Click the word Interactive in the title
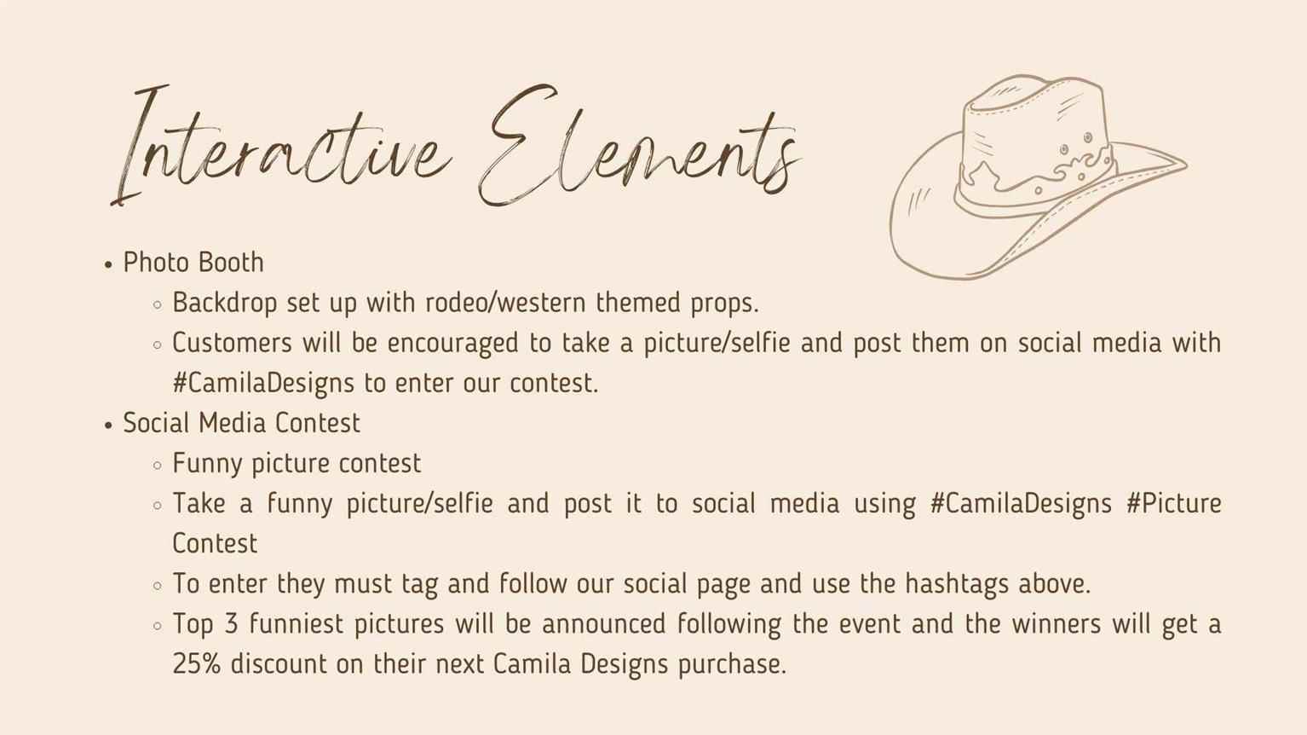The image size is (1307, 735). [280, 146]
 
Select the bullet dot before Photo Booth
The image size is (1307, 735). [108, 265]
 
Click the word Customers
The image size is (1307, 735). [232, 343]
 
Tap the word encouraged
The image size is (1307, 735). [452, 344]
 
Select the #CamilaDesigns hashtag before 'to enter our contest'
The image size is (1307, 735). [263, 384]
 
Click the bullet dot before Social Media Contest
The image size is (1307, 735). [108, 425]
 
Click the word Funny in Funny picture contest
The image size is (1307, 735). [207, 464]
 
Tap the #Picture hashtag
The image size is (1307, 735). [1174, 503]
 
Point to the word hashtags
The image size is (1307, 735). [957, 584]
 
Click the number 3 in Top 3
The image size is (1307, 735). [231, 624]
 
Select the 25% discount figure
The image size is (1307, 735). [197, 664]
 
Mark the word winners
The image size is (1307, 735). [1057, 624]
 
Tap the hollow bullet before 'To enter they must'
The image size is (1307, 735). [157, 586]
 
